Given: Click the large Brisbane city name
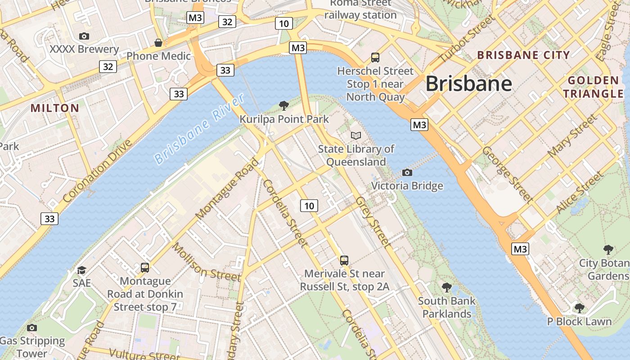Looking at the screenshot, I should click(468, 84).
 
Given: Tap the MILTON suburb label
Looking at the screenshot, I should click(55, 108).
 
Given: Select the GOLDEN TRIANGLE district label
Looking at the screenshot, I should click(594, 87).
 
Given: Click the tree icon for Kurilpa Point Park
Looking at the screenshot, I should click(284, 106).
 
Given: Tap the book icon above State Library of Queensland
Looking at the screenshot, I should click(356, 135).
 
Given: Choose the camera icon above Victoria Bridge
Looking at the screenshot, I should click(407, 172).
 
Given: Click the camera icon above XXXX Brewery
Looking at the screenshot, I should click(84, 36).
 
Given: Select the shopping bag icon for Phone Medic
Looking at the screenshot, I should click(158, 43).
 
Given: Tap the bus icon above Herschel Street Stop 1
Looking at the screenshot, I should click(375, 57).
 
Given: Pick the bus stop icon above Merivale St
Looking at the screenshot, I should click(344, 260).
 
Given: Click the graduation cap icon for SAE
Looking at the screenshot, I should click(81, 270).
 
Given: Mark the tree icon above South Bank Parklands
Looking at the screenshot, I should click(446, 287).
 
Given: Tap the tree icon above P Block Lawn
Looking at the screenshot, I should click(580, 308).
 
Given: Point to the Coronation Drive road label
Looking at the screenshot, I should click(98, 171).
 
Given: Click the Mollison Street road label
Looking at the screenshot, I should click(206, 262).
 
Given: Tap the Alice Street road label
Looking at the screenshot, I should click(579, 193).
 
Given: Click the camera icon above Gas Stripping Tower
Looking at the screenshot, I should click(31, 328).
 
